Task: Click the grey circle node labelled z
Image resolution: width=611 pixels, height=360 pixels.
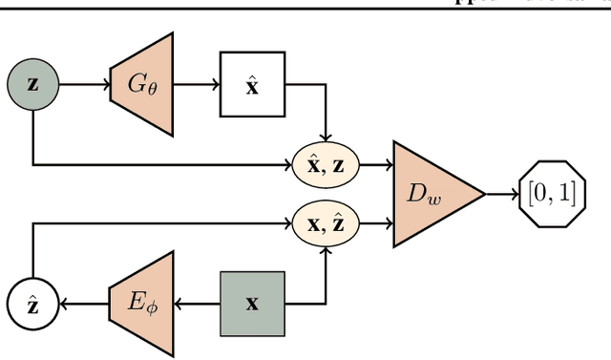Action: [33, 83]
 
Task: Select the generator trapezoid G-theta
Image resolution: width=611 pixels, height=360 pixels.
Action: [141, 83]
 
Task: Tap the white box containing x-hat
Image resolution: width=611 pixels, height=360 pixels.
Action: [252, 83]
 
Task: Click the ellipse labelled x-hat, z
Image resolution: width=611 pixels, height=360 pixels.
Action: [327, 165]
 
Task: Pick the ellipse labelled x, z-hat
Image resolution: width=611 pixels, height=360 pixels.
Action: [327, 224]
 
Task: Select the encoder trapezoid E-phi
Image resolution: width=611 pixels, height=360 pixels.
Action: [141, 304]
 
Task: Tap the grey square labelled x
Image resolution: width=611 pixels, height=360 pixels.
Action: [252, 304]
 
